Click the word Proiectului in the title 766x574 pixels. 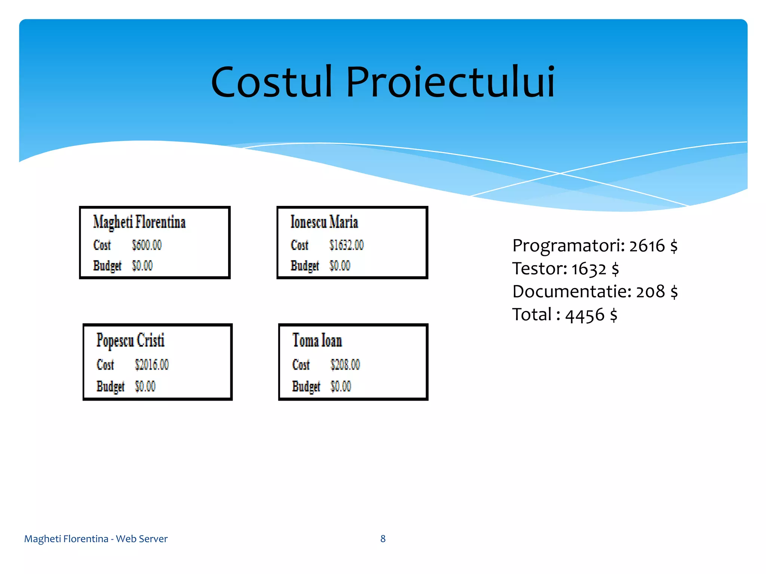tap(450, 82)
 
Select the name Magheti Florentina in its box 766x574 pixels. tap(139, 222)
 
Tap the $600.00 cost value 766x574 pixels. tap(147, 245)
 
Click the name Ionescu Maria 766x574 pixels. tap(324, 222)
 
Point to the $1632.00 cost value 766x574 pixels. tap(346, 245)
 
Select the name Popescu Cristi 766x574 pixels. tap(130, 340)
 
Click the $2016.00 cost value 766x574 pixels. tap(152, 364)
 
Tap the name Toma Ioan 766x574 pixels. tap(317, 340)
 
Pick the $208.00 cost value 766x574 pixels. tap(345, 364)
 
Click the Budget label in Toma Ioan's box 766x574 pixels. tap(306, 386)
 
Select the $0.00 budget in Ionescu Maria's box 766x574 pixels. tap(340, 266)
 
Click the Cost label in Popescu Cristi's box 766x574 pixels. tap(105, 364)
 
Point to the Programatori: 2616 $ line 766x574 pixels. tap(595, 246)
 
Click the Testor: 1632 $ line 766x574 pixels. tap(565, 269)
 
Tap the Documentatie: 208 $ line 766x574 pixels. tap(595, 291)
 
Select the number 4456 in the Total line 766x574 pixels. tap(585, 315)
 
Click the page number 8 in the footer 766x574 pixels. tap(383, 538)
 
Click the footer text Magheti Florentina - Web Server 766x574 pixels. tap(96, 538)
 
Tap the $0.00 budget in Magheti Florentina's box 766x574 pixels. tap(142, 266)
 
